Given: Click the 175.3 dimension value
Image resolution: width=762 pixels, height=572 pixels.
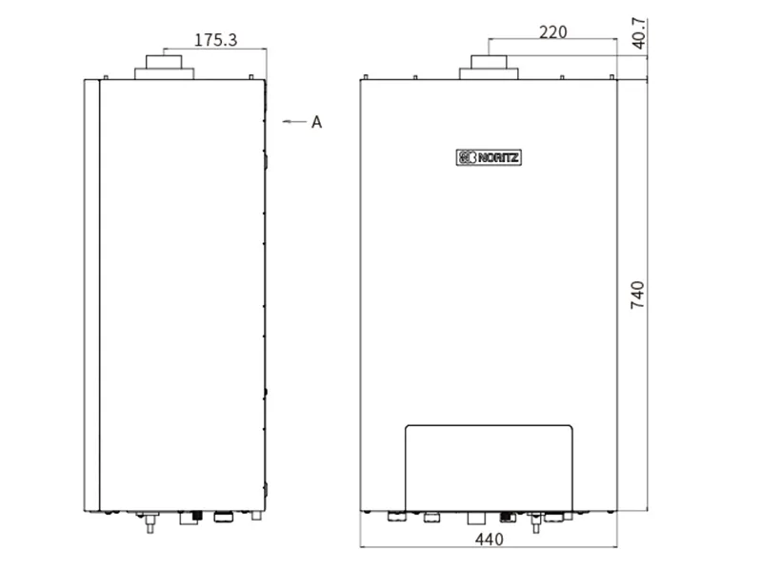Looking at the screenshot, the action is (x=216, y=40).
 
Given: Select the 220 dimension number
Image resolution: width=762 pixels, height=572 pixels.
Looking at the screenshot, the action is (x=553, y=32).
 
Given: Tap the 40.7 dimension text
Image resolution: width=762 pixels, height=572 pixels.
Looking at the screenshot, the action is (x=639, y=33).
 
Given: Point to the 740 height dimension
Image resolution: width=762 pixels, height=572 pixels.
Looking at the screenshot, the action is (x=637, y=295).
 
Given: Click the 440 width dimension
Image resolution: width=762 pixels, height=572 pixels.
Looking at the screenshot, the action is (x=489, y=539).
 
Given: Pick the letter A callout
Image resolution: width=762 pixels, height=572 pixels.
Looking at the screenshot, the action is (x=317, y=122).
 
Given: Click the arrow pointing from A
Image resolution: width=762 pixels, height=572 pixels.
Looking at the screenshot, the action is (x=294, y=121).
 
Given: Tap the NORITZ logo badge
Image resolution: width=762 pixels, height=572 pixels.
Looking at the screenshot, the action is (x=489, y=157).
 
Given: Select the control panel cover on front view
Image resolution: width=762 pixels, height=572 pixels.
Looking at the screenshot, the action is (x=489, y=468).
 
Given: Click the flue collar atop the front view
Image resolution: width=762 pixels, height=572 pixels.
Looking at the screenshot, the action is (x=489, y=67).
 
